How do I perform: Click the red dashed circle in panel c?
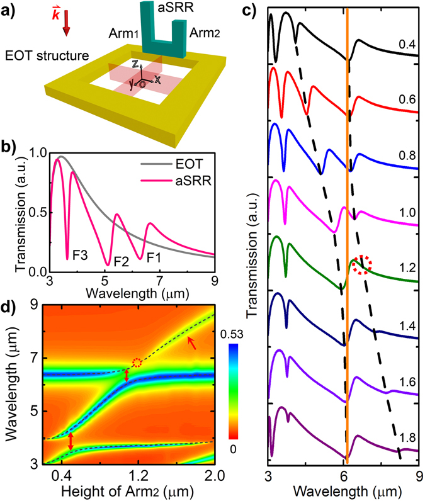[361, 266]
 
